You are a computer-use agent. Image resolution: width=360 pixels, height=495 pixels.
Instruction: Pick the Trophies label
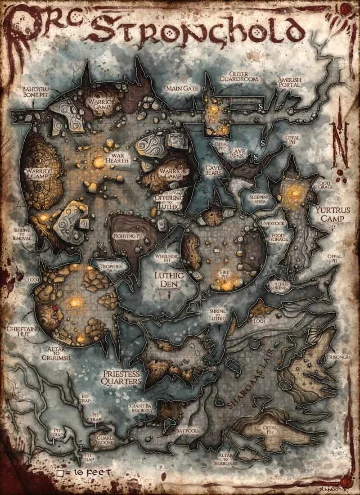pos(110,266)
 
